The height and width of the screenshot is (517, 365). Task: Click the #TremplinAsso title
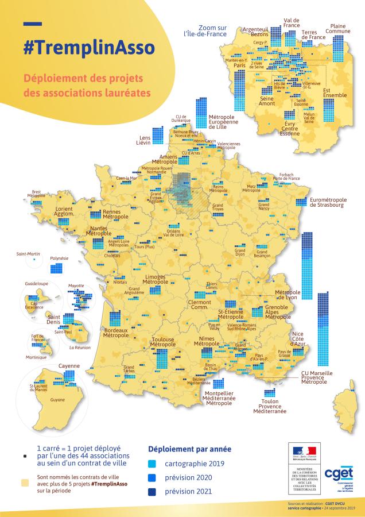[x=88, y=48]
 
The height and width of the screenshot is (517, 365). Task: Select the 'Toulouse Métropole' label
[x=162, y=342]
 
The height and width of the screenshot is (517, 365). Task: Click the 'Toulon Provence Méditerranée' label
[x=269, y=407]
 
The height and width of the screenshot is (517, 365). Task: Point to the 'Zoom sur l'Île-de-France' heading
[x=204, y=30]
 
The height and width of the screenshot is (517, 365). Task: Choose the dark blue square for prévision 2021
[x=153, y=491]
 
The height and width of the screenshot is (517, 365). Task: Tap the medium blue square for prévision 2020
[x=153, y=477]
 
